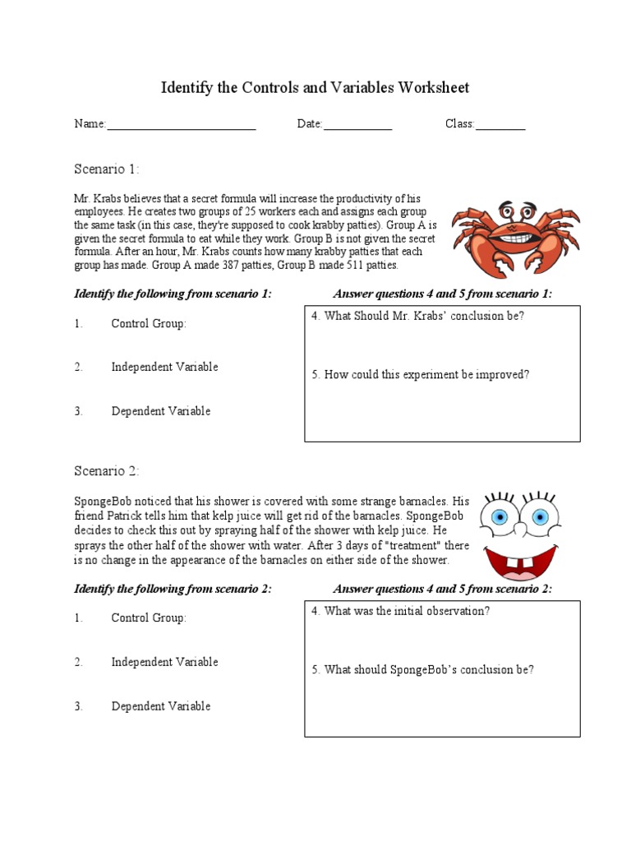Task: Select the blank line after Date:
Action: tap(357, 126)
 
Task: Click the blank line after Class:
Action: tap(500, 126)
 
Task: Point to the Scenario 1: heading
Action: tap(107, 169)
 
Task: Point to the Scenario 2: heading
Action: tap(107, 471)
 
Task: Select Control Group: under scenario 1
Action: tap(149, 324)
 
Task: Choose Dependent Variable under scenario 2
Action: tap(161, 706)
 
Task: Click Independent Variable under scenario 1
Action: tap(164, 368)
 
